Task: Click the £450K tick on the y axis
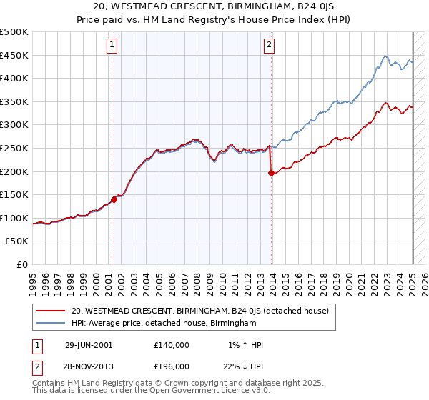tap(14, 55)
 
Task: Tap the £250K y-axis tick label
tap(14, 148)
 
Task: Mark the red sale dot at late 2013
tap(271, 173)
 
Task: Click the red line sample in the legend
tap(51, 311)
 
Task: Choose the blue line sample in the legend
tap(51, 324)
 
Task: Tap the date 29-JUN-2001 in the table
tap(88, 345)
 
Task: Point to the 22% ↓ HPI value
tap(244, 366)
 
